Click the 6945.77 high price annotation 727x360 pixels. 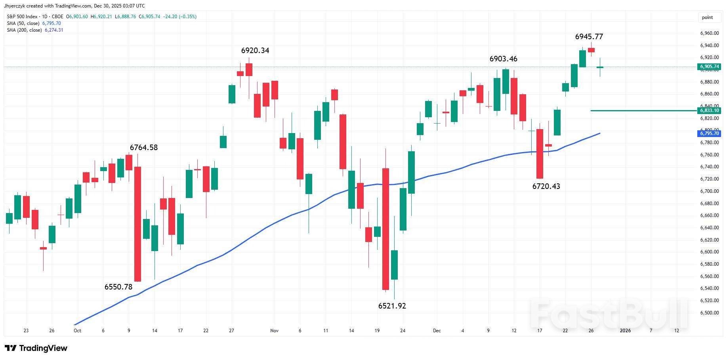pyautogui.click(x=589, y=37)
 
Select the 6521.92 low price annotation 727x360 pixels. pyautogui.click(x=392, y=306)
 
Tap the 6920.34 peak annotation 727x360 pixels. pyautogui.click(x=255, y=51)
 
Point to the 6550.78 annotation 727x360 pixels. pyautogui.click(x=118, y=287)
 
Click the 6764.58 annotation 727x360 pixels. pyautogui.click(x=143, y=148)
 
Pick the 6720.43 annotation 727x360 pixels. pyautogui.click(x=546, y=187)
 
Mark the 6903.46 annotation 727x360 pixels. pyautogui.click(x=503, y=59)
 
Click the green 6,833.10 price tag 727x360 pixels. pyautogui.click(x=709, y=110)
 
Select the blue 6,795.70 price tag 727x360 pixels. pyautogui.click(x=709, y=133)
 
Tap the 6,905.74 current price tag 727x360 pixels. pyautogui.click(x=709, y=67)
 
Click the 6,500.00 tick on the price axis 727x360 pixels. pyautogui.click(x=709, y=313)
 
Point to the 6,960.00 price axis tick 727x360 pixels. pyautogui.click(x=709, y=34)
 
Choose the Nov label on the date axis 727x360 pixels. pyautogui.click(x=274, y=331)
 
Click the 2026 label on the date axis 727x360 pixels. pyautogui.click(x=625, y=331)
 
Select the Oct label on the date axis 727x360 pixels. pyautogui.click(x=77, y=331)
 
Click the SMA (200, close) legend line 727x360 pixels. pyautogui.click(x=35, y=30)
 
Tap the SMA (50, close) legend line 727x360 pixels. pyautogui.click(x=34, y=23)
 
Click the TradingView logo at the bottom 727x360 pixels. pyautogui.click(x=36, y=348)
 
